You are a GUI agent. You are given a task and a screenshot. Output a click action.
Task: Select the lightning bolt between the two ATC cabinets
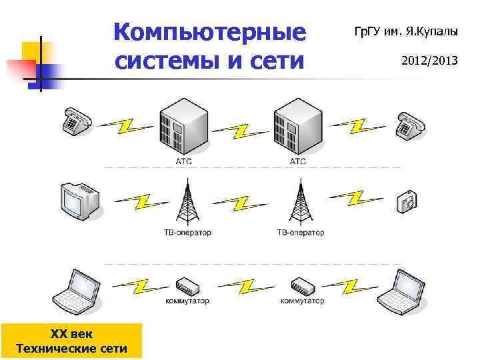(241, 129)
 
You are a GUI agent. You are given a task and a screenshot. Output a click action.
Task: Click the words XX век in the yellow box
(72, 334)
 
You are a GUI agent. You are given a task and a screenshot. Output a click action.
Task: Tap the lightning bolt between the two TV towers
(242, 202)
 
